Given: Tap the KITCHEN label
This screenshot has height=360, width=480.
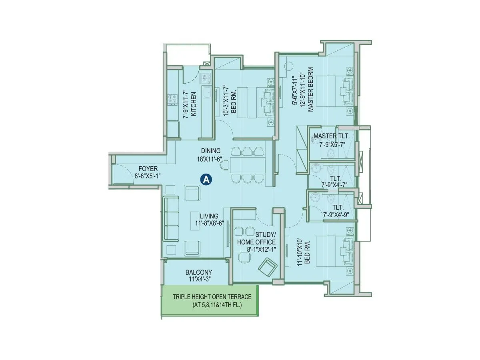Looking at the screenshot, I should click(x=194, y=104).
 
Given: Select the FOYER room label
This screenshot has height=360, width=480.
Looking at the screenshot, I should click(x=148, y=169).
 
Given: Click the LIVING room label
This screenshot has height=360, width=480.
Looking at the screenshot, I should click(x=210, y=216).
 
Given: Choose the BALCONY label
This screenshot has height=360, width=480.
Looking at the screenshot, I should click(x=198, y=272).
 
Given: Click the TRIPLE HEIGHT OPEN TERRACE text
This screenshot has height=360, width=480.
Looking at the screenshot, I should click(x=212, y=297).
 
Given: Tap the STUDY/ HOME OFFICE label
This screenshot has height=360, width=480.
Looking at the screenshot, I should click(x=256, y=238).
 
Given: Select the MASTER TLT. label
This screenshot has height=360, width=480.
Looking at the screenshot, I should click(x=331, y=136).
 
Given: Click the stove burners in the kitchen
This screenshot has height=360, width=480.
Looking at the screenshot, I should click(x=172, y=100).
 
